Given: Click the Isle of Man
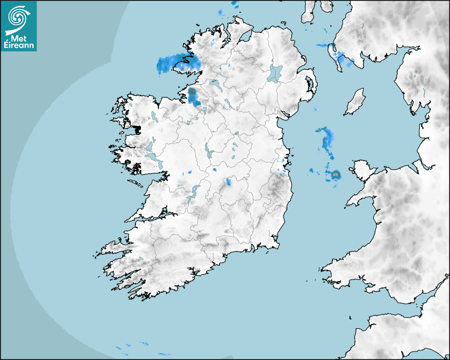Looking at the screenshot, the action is (355, 102).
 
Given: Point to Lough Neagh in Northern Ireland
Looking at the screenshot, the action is (275, 73).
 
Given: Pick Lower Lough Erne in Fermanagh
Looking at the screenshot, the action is (215, 85).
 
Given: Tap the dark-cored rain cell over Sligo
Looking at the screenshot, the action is (192, 92).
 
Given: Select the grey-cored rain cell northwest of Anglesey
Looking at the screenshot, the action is (335, 174).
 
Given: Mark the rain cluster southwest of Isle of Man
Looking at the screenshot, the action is (327, 139).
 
